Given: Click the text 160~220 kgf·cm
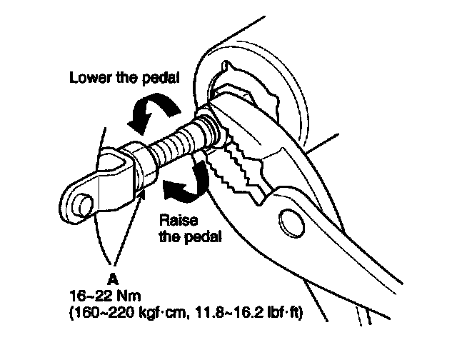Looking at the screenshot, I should coord(122,313).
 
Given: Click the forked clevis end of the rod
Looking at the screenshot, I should coord(96,186).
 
